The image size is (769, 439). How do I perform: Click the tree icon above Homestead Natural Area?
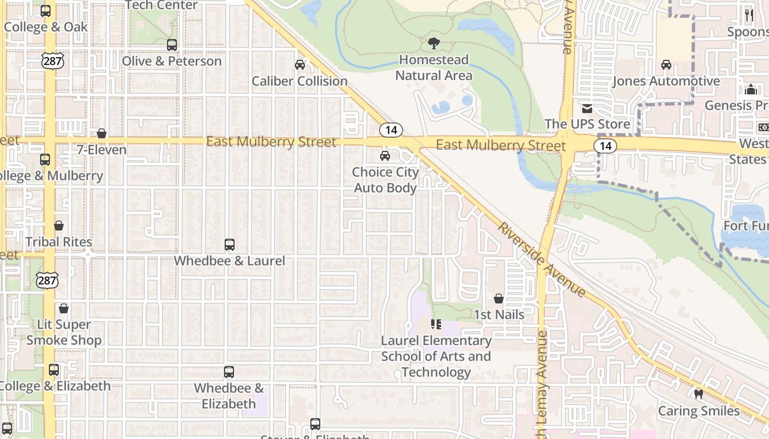[x=434, y=43]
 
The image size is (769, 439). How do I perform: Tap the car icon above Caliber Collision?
[x=300, y=65]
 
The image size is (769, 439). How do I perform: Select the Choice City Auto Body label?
[x=385, y=180]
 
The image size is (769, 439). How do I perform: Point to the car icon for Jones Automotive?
[x=666, y=65]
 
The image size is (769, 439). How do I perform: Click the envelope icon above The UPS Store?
[x=587, y=108]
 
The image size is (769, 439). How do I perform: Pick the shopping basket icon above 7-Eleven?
[x=102, y=133]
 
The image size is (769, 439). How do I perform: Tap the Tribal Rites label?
[x=59, y=242]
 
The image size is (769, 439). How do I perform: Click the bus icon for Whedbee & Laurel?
[x=230, y=245]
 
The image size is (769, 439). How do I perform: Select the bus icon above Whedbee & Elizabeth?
[x=229, y=372]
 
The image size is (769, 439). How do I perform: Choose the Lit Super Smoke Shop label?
[x=64, y=333]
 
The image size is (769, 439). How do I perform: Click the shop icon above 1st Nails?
[x=499, y=299]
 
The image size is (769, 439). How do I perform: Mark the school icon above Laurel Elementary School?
[x=436, y=324]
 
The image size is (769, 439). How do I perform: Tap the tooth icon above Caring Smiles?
[x=699, y=394]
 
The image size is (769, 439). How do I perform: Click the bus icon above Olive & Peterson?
[x=172, y=45]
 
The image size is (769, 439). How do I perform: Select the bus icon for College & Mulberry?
[x=45, y=160]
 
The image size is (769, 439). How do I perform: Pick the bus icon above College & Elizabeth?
[x=53, y=370]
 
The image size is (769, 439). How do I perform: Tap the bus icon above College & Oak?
[x=46, y=11]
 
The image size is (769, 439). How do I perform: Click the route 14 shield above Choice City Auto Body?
[x=391, y=130]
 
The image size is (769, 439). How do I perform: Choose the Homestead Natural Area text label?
[x=434, y=67]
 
